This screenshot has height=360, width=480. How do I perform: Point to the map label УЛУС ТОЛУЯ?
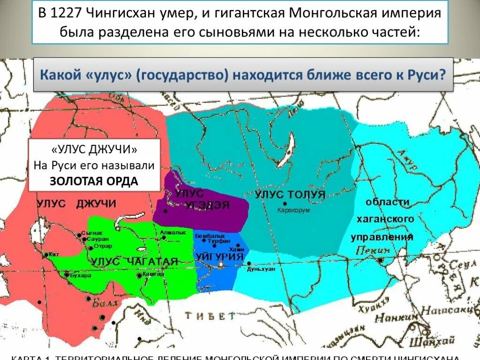point(290,195)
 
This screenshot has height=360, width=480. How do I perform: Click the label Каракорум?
point(293,210)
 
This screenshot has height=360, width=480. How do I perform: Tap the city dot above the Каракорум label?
point(285,203)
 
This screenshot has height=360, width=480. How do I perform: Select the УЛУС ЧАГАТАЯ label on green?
point(135,262)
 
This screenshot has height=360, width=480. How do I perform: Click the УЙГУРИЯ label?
point(220,257)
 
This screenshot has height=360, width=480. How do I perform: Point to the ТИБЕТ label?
point(209,315)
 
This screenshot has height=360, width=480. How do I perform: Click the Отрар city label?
point(103,246)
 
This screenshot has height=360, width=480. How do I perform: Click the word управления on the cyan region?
point(382,237)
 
